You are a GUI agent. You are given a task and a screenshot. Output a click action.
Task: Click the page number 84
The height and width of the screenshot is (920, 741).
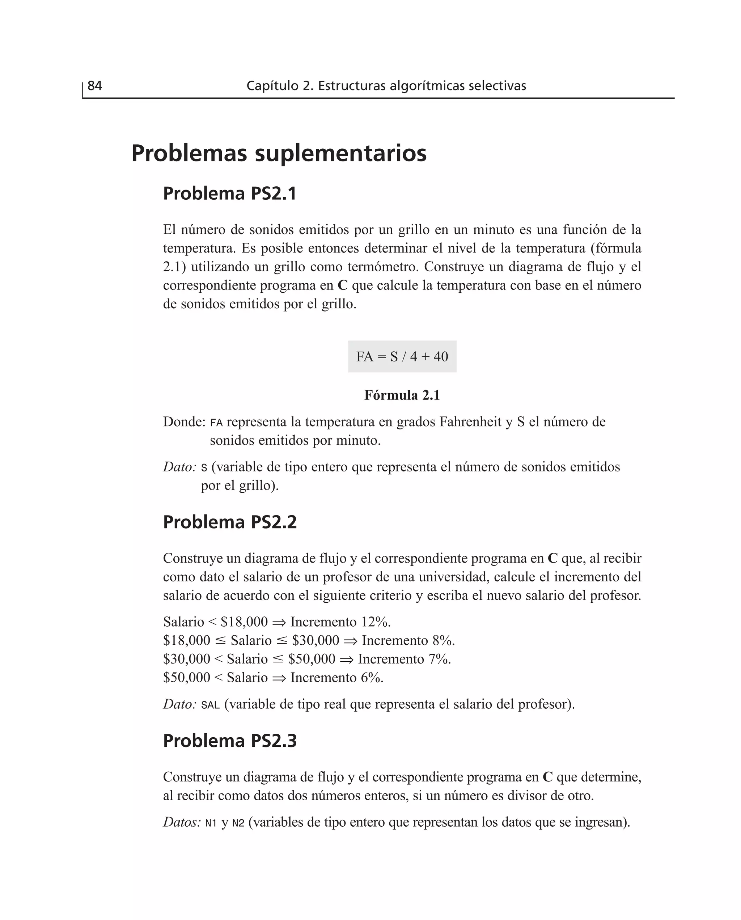[x=94, y=86]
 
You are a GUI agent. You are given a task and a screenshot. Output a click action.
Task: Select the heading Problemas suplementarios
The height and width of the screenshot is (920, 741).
[x=278, y=153]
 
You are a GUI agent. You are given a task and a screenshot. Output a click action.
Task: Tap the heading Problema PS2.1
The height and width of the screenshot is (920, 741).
[x=229, y=194]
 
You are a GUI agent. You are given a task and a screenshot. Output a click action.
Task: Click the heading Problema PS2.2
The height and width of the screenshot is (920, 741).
[x=229, y=522]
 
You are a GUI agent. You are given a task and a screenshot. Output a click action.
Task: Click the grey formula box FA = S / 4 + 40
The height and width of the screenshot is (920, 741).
[x=402, y=356]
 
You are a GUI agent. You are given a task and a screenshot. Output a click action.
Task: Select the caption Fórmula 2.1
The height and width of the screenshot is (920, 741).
[x=402, y=395]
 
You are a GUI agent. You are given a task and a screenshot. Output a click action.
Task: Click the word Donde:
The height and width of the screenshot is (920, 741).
[x=185, y=422]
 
